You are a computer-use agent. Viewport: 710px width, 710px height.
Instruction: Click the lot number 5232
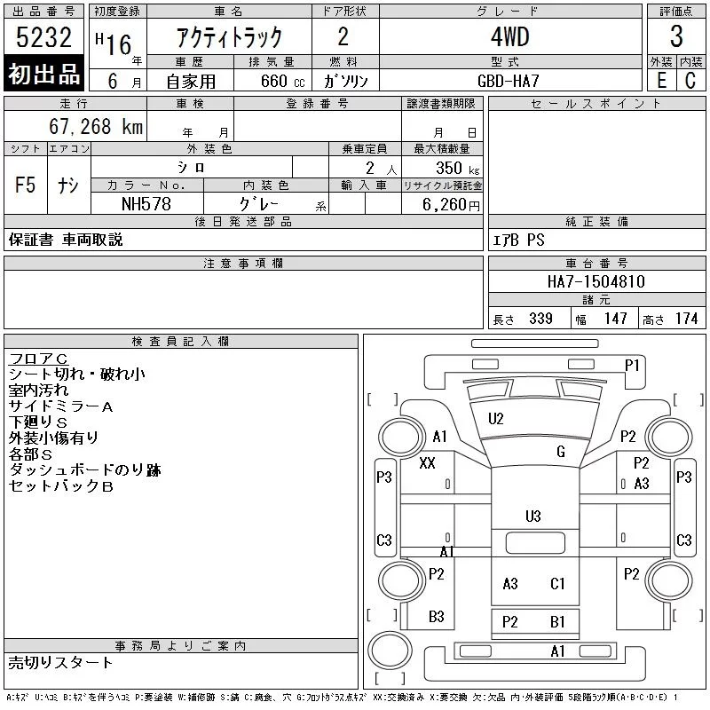point(43,37)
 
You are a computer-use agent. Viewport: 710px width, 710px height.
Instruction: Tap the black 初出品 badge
point(43,73)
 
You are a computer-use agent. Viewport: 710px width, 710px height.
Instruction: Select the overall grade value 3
point(676,36)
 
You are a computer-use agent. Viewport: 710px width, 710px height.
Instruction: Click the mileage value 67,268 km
point(96,126)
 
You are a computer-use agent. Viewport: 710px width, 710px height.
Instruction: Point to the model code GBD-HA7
point(508,81)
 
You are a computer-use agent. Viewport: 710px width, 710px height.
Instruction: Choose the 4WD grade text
point(509,36)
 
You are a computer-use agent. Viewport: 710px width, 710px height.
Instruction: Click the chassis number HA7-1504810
point(596,281)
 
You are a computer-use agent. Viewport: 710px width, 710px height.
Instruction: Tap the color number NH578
point(146,204)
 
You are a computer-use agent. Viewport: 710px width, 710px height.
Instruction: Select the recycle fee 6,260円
point(451,205)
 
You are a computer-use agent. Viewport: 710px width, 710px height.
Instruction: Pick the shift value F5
point(26,185)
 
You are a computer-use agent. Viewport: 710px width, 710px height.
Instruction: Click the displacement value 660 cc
point(282,81)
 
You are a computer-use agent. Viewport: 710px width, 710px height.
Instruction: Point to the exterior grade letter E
point(661,81)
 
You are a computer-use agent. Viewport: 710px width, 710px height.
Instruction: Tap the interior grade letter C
point(690,81)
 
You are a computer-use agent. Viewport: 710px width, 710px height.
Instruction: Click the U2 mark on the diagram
point(496,419)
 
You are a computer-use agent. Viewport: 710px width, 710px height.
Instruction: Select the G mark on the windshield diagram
point(561,452)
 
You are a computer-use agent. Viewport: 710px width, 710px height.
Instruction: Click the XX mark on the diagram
point(427,462)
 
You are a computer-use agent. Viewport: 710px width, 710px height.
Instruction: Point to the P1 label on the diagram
point(632,365)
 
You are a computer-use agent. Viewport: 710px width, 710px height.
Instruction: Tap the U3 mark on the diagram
point(533,517)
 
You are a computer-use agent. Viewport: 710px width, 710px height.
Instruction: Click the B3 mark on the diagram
point(436,616)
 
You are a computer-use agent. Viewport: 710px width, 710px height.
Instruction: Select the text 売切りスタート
point(60,662)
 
